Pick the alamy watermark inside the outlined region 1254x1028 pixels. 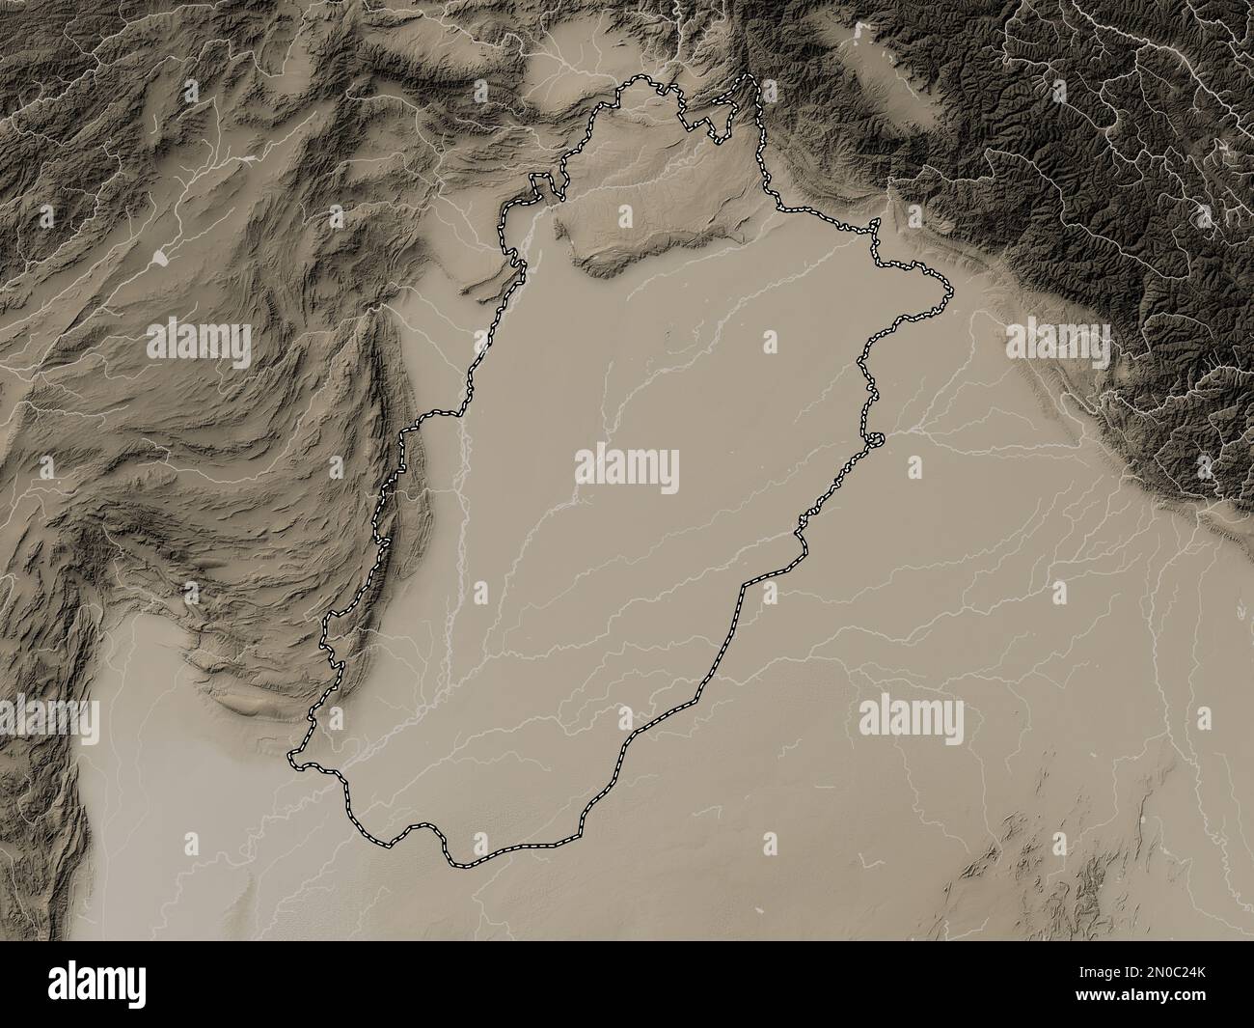tap(627, 470)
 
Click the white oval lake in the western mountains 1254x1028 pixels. tap(158, 258)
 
